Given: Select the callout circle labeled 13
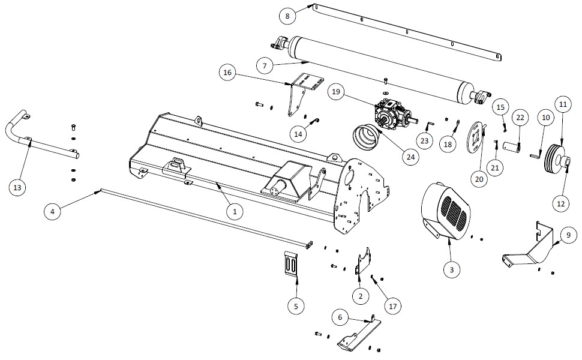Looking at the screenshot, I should coord(17,188).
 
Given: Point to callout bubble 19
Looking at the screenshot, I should coord(335,92).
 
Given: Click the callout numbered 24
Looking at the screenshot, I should coord(410,157).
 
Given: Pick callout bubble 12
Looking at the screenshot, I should coord(561,203).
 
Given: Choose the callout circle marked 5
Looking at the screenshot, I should coord(296,306).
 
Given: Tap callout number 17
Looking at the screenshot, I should coord(393,307).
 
